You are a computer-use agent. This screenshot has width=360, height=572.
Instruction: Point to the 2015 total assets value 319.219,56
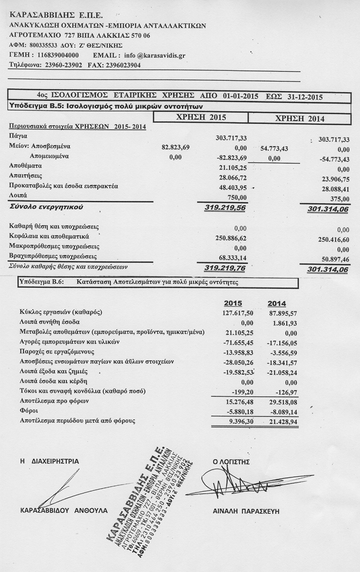point(225,208)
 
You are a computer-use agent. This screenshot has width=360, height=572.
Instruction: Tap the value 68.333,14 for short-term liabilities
point(231,257)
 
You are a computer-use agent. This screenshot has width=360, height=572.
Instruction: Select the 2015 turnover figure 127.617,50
point(238,313)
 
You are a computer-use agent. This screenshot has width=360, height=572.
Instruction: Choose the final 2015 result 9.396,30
point(241,422)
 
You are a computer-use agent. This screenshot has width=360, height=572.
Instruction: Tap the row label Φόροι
point(28,411)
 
